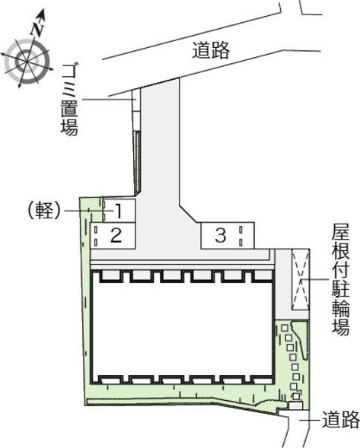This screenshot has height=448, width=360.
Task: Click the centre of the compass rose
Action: tap(27, 61)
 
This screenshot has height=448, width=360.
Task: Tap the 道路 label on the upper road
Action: tap(211, 50)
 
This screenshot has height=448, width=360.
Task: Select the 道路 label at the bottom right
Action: tap(341, 419)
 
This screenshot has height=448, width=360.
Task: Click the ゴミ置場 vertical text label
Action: tap(70, 100)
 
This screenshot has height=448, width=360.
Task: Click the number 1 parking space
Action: tap(119, 211)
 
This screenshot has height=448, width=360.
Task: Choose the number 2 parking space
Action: tap(113, 236)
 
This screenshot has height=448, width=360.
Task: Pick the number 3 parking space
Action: tap(228, 236)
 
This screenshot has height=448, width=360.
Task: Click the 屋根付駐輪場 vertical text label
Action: tap(340, 279)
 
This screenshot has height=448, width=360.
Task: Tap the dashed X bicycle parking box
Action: tap(300, 279)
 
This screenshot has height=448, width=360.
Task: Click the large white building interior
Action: tap(182, 329)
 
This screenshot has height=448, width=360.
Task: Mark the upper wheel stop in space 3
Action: tap(241, 230)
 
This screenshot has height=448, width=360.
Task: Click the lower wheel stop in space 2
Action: tap(96, 243)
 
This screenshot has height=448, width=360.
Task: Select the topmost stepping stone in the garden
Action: tap(284, 328)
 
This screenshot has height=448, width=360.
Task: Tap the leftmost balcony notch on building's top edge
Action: tap(111, 275)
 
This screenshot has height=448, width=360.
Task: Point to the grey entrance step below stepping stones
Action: tap(295, 405)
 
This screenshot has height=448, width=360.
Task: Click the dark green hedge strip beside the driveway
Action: tap(138, 163)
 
